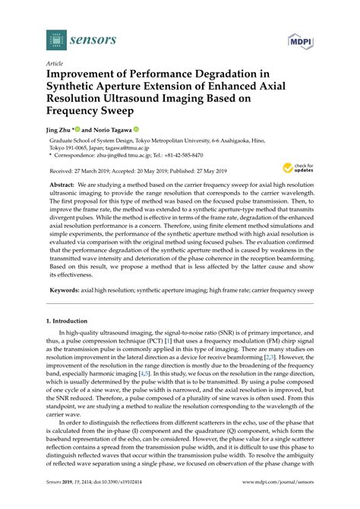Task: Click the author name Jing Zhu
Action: (61, 131)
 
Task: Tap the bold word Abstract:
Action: (63, 184)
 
